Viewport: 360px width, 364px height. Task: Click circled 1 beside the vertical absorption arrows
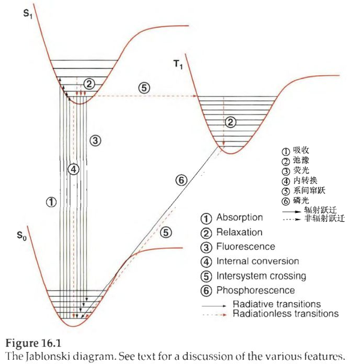[x=51, y=202]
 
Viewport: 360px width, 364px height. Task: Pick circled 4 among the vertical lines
[x=73, y=169]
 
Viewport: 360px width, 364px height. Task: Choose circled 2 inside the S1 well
[x=89, y=83]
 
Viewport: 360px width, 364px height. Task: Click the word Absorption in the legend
[x=239, y=218]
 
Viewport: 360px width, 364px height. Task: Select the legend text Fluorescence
[x=245, y=246]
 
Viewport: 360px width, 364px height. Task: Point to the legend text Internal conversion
[x=257, y=261]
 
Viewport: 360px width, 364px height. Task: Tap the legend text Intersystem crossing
[x=261, y=276]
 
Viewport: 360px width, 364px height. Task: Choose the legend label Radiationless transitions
[x=285, y=313]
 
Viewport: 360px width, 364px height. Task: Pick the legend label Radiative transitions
[x=277, y=304]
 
